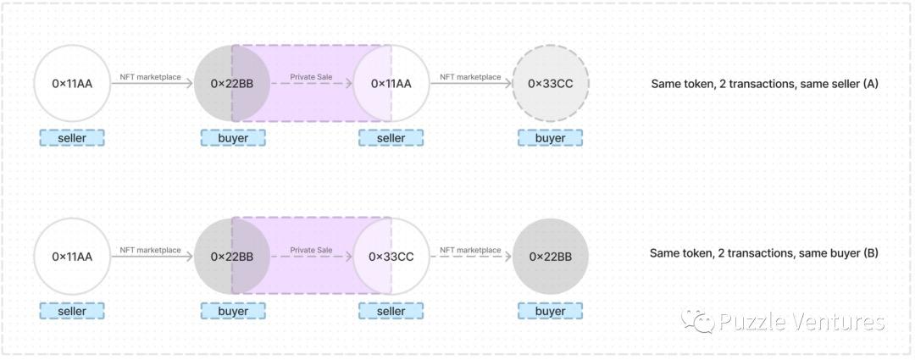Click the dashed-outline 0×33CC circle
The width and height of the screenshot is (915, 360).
(550, 83)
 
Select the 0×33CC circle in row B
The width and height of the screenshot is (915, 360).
(391, 256)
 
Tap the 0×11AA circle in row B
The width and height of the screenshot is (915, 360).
(72, 256)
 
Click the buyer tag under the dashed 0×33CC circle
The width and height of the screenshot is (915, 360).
(550, 138)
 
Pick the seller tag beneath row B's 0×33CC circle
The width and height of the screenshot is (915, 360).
(391, 311)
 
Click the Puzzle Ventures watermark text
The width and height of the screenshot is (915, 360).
(801, 322)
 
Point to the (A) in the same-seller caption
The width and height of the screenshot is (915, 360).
(867, 84)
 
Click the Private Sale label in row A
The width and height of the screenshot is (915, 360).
(311, 77)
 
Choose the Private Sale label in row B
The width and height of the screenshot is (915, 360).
(311, 250)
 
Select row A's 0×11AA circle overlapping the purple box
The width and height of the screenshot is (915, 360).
(391, 83)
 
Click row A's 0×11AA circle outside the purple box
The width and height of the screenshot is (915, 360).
(72, 83)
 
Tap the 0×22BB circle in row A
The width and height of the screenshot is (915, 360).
(232, 83)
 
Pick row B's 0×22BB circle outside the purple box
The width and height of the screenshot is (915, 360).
(550, 256)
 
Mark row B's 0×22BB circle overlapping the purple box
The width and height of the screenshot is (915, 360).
(232, 256)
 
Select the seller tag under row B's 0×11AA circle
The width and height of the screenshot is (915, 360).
(72, 311)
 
